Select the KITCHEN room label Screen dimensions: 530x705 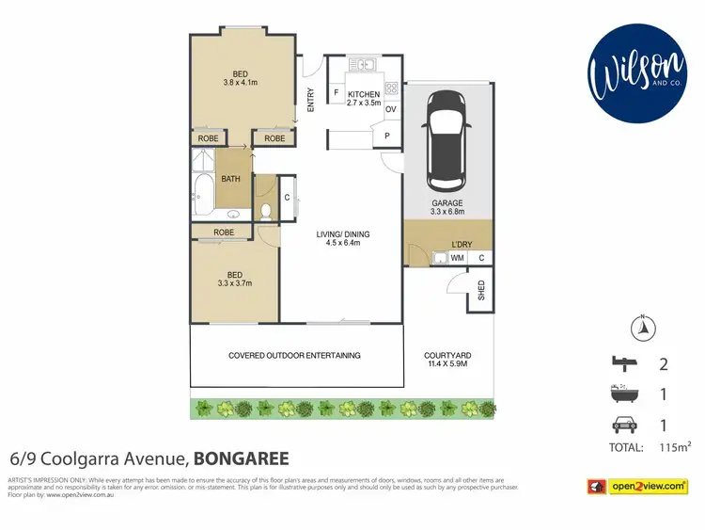[x=364, y=94]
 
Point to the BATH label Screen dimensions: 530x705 [x=230, y=179]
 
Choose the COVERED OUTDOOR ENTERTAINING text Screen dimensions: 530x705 [x=294, y=355]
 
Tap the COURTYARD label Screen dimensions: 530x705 [x=447, y=355]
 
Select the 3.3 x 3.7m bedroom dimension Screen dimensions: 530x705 [x=234, y=282]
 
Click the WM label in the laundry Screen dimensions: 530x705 [x=457, y=258]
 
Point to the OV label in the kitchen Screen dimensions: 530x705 [x=390, y=109]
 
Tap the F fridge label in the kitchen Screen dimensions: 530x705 [x=337, y=93]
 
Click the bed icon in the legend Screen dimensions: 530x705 [x=623, y=363]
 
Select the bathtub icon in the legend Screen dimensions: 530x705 [x=623, y=393]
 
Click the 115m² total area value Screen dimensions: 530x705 [x=675, y=448]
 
